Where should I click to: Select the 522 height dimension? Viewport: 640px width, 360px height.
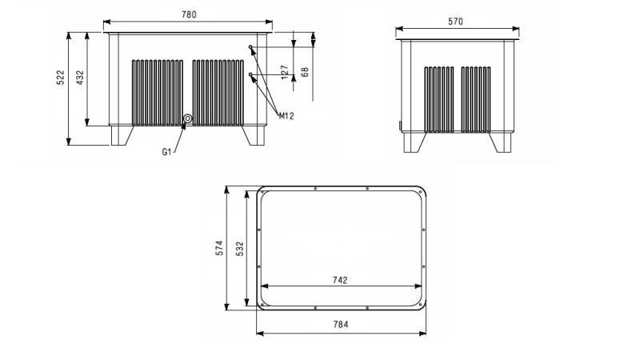[60, 78]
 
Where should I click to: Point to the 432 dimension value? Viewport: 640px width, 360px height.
[79, 78]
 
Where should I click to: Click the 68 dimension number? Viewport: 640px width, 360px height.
[304, 71]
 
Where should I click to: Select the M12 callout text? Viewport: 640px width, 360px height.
[286, 116]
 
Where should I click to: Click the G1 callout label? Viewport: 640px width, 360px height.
[167, 152]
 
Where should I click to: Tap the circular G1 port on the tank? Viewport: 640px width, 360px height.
[188, 120]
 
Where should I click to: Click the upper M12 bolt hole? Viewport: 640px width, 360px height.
[251, 48]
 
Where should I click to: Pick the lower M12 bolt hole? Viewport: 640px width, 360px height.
[251, 75]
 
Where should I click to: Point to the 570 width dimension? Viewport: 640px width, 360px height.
[456, 22]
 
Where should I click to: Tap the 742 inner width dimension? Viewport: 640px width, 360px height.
[339, 280]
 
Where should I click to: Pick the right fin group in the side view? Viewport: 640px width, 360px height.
[476, 99]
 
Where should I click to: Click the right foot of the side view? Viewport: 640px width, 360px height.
[502, 142]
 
